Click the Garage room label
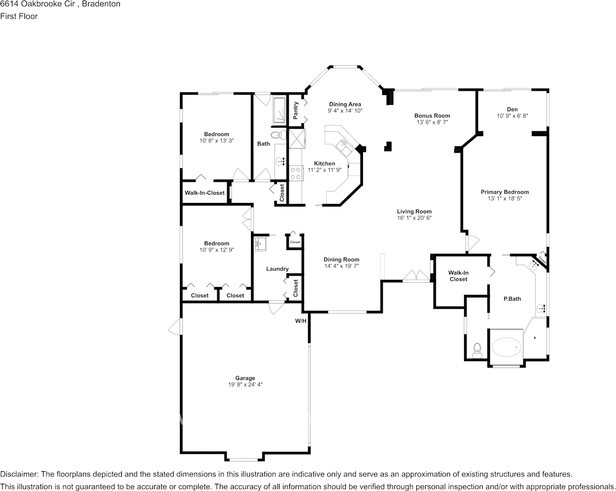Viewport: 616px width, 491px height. click(245, 378)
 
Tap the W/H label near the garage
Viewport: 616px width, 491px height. click(301, 321)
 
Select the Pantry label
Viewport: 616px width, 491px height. click(296, 111)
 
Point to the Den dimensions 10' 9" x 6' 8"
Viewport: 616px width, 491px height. click(512, 116)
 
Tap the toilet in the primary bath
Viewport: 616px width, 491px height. click(478, 351)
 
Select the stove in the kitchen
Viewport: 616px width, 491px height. click(296, 173)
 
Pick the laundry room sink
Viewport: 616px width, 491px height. click(260, 244)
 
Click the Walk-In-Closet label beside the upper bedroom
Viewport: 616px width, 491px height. click(205, 193)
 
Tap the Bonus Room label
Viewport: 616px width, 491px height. click(432, 116)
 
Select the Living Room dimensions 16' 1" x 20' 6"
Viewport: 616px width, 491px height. click(414, 217)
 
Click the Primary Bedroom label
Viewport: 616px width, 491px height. click(505, 192)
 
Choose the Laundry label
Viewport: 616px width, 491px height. click(277, 269)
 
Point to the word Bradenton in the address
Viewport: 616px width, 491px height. click(104, 4)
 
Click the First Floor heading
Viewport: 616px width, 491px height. click(19, 16)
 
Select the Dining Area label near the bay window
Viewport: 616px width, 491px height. click(345, 104)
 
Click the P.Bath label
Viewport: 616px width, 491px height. click(512, 299)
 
